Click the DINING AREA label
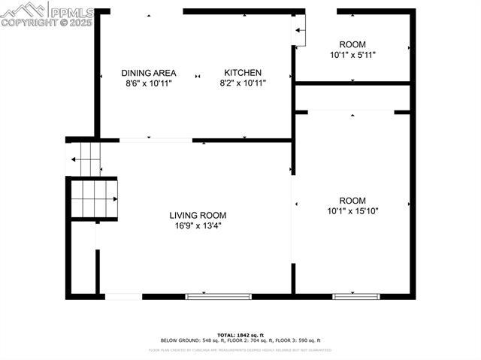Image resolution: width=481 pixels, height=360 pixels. pyautogui.click(x=149, y=73)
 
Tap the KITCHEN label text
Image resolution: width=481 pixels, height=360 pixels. pyautogui.click(x=243, y=73)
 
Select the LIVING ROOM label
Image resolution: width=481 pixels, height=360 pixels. pyautogui.click(x=197, y=215)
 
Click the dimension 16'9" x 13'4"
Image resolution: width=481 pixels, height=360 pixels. pyautogui.click(x=195, y=225)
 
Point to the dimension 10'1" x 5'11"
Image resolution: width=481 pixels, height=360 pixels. pyautogui.click(x=352, y=55)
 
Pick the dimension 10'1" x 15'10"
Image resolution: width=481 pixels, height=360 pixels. pyautogui.click(x=352, y=211)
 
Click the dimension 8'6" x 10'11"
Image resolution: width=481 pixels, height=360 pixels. pyautogui.click(x=149, y=83)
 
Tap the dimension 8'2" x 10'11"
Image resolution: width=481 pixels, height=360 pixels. pyautogui.click(x=243, y=83)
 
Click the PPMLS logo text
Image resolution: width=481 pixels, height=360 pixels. pyautogui.click(x=72, y=11)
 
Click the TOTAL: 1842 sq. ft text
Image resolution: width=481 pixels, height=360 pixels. pyautogui.click(x=240, y=334)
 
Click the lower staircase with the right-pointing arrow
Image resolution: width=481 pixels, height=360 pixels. pyautogui.click(x=95, y=198)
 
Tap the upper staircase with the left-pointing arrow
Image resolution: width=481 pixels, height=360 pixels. pyautogui.click(x=85, y=159)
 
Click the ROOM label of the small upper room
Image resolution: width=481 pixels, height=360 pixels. pyautogui.click(x=352, y=44)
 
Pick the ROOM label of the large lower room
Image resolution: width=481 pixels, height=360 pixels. pyautogui.click(x=352, y=201)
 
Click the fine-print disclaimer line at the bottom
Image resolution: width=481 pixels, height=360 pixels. pyautogui.click(x=240, y=349)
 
